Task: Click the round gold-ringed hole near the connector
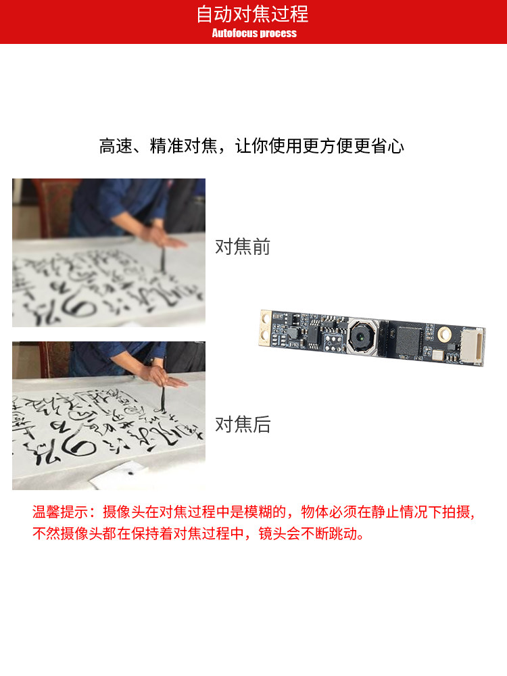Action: [443, 333]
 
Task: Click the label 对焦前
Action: [242, 247]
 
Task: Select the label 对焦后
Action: [242, 425]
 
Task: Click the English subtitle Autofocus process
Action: [254, 33]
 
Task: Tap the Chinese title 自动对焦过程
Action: [253, 14]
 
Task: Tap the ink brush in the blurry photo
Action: [162, 260]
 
